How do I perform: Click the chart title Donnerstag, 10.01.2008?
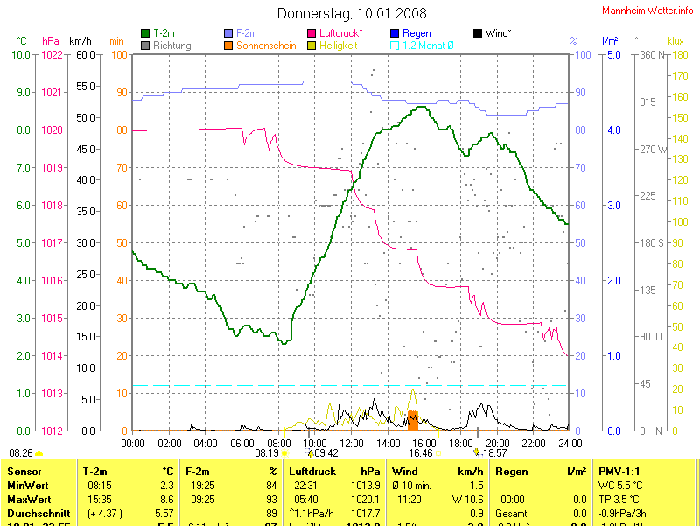click(352, 13)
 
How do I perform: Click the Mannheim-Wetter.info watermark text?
click(648, 10)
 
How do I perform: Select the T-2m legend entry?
click(164, 33)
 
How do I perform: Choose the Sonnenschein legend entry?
click(266, 45)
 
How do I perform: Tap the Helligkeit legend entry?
click(338, 45)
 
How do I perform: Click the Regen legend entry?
click(416, 33)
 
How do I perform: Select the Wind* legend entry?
click(497, 33)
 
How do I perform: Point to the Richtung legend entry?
click(171, 45)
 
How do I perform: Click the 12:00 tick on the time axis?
click(352, 443)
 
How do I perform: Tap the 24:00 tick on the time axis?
click(570, 443)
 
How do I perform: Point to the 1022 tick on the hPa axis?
click(52, 55)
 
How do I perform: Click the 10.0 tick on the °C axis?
click(21, 55)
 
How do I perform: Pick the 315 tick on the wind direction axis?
click(648, 102)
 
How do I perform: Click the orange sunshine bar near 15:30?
click(412, 419)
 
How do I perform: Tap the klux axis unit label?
click(675, 41)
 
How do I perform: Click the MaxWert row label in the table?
click(26, 487)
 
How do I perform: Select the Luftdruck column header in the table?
click(312, 471)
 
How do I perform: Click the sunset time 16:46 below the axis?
click(421, 453)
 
